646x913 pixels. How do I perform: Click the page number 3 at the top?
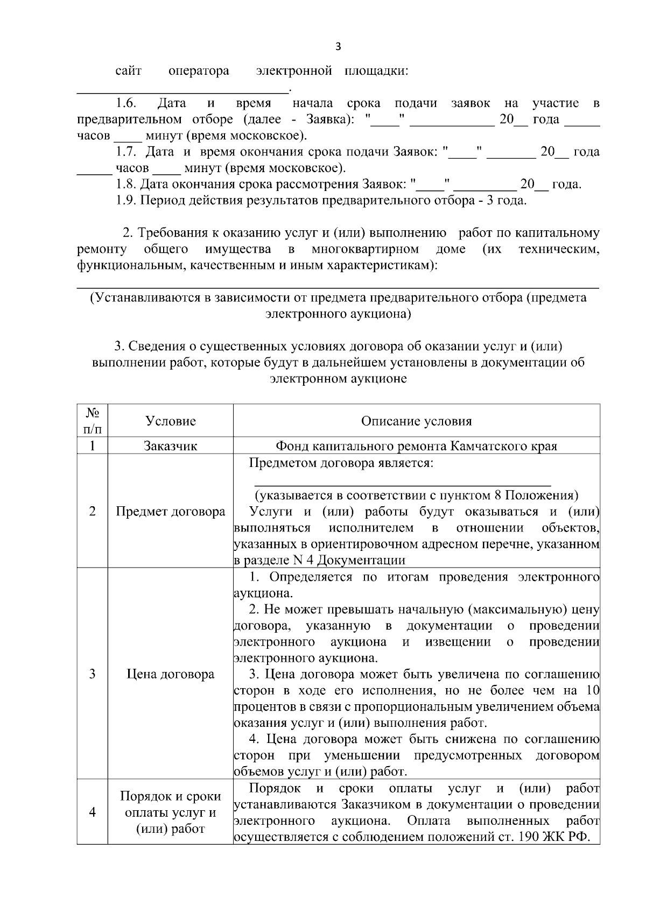tap(338, 46)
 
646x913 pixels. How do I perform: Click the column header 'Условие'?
tap(171, 421)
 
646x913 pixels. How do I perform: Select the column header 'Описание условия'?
tap(416, 421)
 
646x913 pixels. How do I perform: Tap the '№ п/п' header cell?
tap(93, 421)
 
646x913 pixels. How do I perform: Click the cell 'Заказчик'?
tap(171, 446)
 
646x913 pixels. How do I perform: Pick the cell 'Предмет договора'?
tap(171, 511)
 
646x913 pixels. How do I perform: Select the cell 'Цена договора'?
tap(171, 674)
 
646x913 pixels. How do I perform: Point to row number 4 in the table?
tap(93, 812)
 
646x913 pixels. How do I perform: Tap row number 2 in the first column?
tap(93, 511)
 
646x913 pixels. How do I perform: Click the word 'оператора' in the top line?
tap(199, 70)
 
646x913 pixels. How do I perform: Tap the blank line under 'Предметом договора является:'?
tap(402, 484)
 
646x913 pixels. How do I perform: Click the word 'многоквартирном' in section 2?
tap(365, 249)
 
